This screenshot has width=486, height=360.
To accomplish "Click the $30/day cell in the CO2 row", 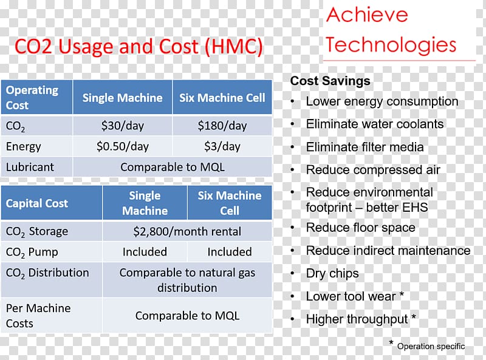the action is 123,126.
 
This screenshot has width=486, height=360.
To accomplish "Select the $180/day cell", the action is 222,126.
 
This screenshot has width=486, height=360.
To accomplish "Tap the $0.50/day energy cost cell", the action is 123,146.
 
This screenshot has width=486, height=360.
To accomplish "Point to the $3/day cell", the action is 222,146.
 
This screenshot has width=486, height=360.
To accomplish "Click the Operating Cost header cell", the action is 36,97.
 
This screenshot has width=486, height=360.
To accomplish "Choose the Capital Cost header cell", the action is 52,203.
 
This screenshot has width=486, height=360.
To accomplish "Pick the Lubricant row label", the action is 30,168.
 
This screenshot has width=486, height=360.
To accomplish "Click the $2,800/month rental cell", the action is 187,231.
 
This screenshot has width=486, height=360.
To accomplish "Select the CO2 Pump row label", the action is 32,252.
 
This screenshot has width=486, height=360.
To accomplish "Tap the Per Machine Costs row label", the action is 38,316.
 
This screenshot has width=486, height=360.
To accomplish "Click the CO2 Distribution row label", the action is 47,273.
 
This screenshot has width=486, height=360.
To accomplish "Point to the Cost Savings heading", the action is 330,81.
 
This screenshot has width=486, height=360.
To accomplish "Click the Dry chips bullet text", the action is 332,273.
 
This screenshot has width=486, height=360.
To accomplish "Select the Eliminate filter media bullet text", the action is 365,147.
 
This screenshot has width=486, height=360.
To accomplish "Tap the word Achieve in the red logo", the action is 367,15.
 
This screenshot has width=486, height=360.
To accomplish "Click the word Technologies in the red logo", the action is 391,44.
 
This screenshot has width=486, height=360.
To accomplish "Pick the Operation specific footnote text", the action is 431,346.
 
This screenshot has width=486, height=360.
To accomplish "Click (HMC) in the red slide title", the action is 234,47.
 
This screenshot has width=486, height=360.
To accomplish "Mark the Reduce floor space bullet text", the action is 360,228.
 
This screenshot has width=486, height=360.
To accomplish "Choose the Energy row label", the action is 23,146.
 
